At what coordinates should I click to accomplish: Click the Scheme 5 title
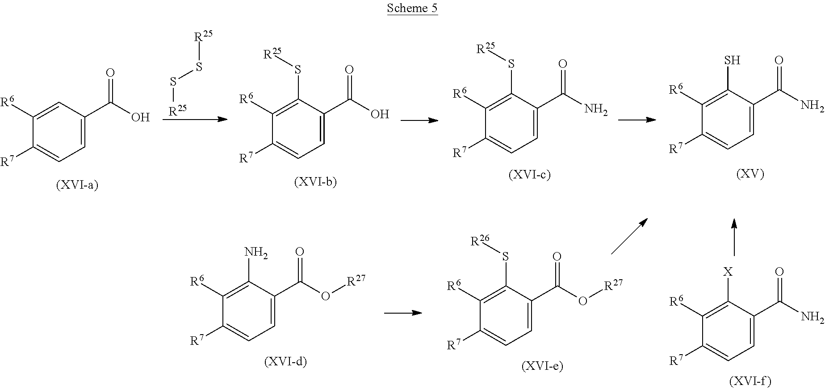tap(412, 8)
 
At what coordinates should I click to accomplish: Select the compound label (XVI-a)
tap(77, 185)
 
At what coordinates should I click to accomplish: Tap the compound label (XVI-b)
tap(315, 182)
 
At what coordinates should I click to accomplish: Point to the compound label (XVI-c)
tap(529, 174)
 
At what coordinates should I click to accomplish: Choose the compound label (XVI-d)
tap(285, 362)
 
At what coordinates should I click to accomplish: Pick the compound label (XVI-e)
tap(542, 366)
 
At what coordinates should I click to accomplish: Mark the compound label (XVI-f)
tap(750, 381)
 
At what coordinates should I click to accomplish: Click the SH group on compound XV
tap(732, 60)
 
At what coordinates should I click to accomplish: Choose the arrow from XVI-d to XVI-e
tap(403, 313)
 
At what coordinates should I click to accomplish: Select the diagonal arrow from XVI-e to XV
tap(630, 236)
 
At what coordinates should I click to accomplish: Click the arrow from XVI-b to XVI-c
tap(419, 120)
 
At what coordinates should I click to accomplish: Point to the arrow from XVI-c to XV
tap(637, 120)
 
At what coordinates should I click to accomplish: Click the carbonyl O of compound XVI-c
tap(563, 64)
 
